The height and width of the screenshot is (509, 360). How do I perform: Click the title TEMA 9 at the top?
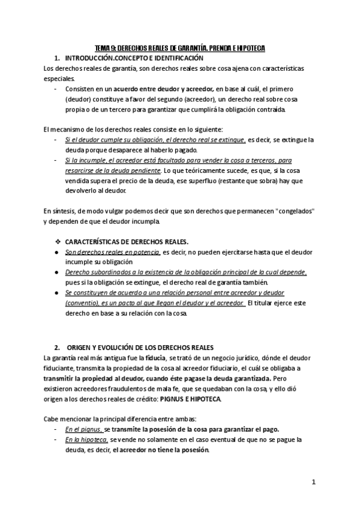coord(180,47)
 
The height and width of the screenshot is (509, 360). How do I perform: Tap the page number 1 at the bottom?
coord(313,482)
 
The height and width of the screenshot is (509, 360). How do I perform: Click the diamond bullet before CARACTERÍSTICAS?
coord(58,241)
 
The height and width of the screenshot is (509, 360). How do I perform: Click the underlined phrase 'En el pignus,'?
coord(84,429)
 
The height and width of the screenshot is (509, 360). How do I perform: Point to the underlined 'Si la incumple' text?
coord(86,161)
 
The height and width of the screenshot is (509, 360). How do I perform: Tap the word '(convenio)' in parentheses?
coord(83,303)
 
